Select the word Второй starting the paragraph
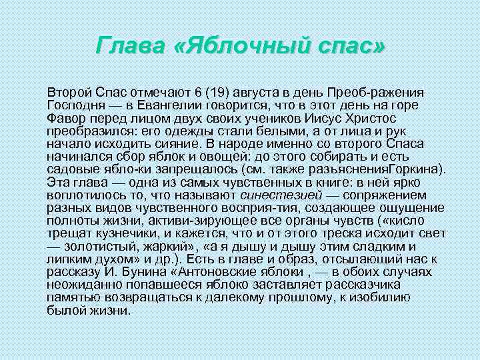[x=67, y=91]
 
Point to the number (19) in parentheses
[x=217, y=91]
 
